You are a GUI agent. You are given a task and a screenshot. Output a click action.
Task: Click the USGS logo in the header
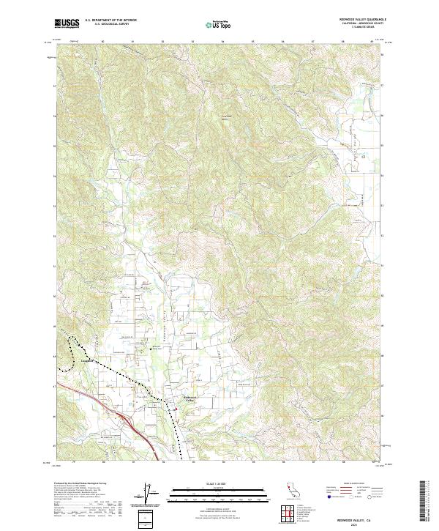pyautogui.click(x=67, y=24)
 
